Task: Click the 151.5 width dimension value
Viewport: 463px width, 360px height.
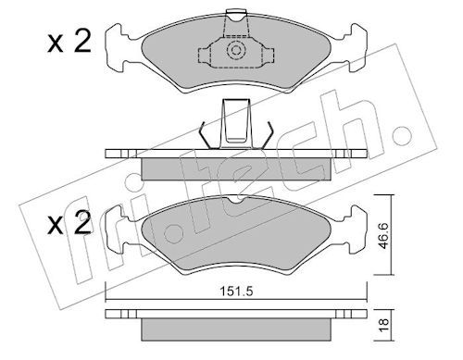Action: click(236, 291)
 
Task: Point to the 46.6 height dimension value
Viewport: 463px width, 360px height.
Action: click(383, 236)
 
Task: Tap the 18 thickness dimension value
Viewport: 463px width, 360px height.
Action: click(383, 325)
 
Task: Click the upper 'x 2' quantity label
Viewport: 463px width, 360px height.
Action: click(69, 43)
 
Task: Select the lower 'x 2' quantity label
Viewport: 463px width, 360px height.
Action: click(69, 223)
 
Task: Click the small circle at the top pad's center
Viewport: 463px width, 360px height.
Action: click(236, 50)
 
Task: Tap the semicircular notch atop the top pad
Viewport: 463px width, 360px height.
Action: click(236, 17)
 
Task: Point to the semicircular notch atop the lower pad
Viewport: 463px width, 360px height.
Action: click(236, 200)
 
